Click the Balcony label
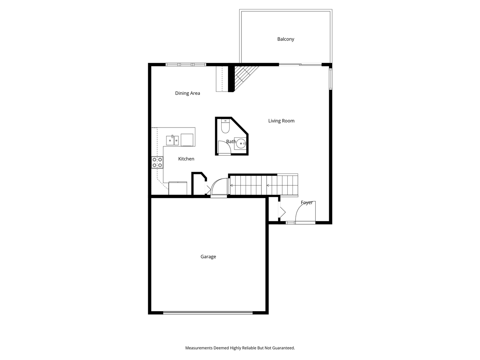pyautogui.click(x=286, y=39)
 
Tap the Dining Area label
pyautogui.click(x=187, y=93)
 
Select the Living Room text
pyautogui.click(x=281, y=121)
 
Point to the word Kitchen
pyautogui.click(x=186, y=159)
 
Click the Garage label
pyautogui.click(x=208, y=256)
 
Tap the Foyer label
pyautogui.click(x=307, y=202)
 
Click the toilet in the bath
pyautogui.click(x=225, y=126)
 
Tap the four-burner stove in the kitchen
pyautogui.click(x=157, y=162)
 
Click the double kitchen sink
pyautogui.click(x=172, y=140)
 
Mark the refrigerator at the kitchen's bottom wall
pyautogui.click(x=178, y=188)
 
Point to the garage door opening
pyautogui.click(x=208, y=312)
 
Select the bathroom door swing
pyautogui.click(x=224, y=148)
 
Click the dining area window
pyautogui.click(x=186, y=64)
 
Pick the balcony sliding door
pyautogui.click(x=300, y=64)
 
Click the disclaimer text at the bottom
pyautogui.click(x=240, y=348)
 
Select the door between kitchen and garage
pyautogui.click(x=219, y=187)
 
